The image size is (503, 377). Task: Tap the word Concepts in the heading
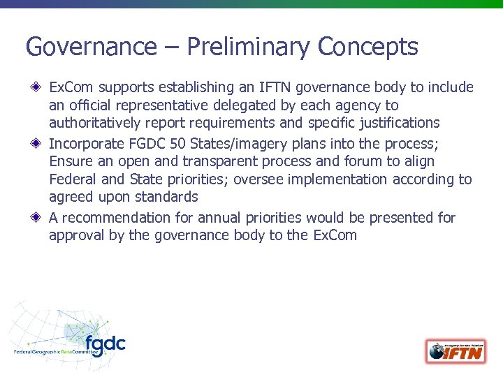pyautogui.click(x=367, y=47)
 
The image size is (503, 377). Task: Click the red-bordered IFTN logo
pyautogui.click(x=455, y=350)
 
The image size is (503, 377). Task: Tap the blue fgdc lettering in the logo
pyautogui.click(x=105, y=343)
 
